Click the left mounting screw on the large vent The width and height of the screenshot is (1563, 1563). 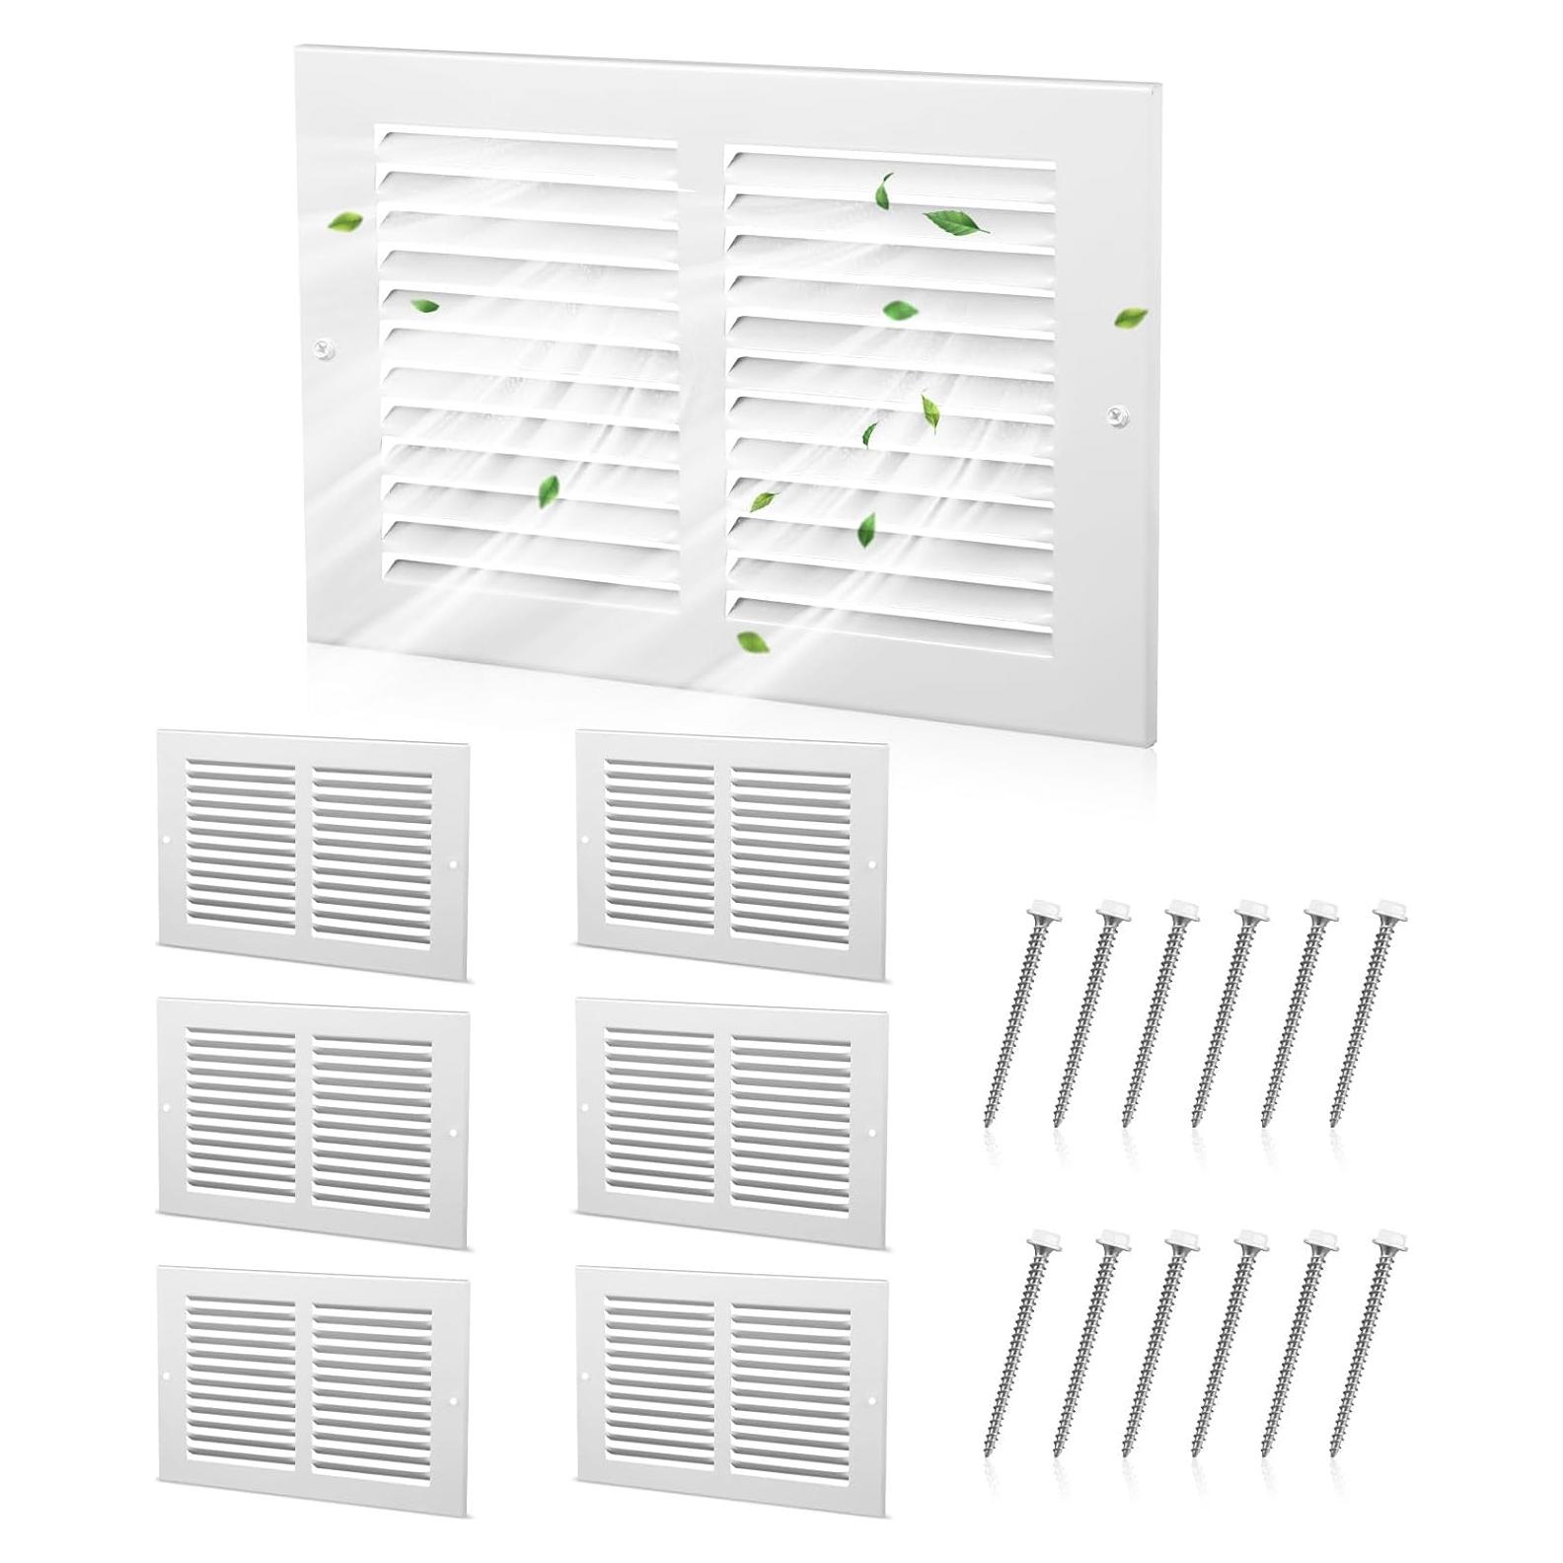(x=324, y=348)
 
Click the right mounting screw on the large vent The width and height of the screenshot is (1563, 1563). (x=1117, y=414)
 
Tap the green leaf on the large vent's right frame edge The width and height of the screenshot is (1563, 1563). (x=1130, y=318)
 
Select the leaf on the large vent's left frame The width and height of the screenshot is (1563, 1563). (x=344, y=221)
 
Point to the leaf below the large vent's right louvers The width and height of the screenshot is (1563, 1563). (x=754, y=642)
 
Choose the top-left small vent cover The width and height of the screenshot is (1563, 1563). (x=313, y=855)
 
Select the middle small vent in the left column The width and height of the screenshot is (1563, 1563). (x=313, y=1122)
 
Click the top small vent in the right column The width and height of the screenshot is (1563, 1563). (x=731, y=855)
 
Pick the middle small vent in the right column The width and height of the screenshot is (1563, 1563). (x=731, y=1122)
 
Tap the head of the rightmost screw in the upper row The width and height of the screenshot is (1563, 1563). (x=1392, y=908)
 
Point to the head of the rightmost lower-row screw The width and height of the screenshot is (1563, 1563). (x=1392, y=1238)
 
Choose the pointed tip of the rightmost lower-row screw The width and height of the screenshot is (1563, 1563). (x=1336, y=1454)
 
